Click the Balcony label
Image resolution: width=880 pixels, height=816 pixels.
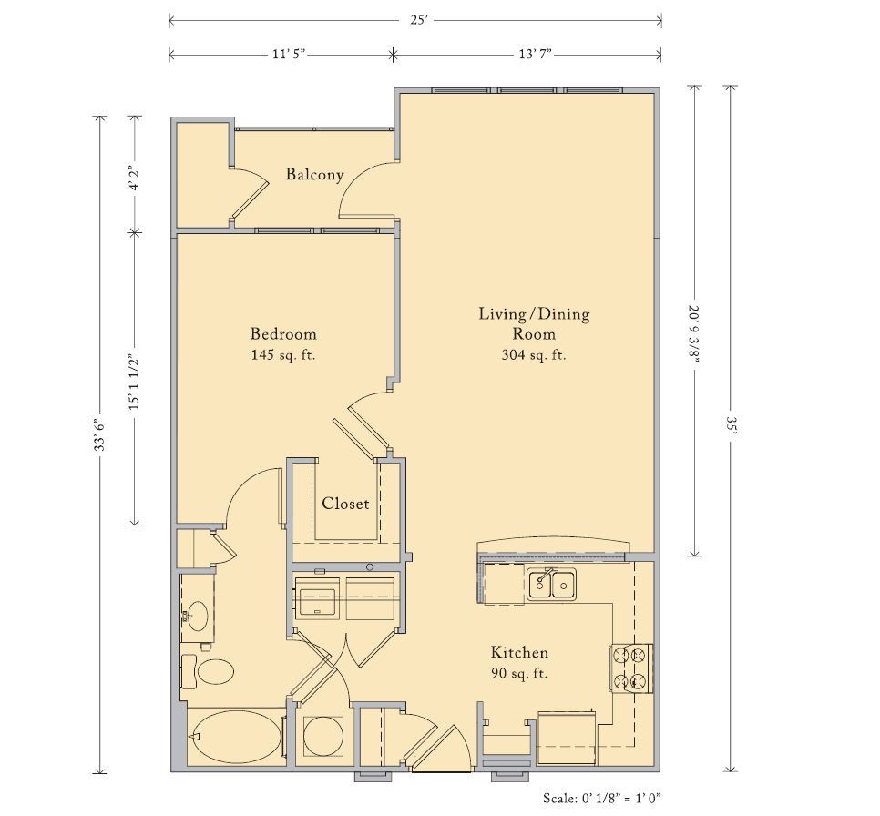point(314,174)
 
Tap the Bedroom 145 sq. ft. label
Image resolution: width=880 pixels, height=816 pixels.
point(283,344)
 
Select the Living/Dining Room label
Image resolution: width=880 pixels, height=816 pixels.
point(534,333)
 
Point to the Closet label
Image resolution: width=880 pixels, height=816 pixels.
point(345,504)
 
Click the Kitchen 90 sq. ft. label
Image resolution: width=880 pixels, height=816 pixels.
point(519,662)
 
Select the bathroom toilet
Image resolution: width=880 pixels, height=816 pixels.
point(207,670)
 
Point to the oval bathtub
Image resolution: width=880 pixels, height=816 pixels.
point(236,735)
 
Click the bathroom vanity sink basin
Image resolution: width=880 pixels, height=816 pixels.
point(197,616)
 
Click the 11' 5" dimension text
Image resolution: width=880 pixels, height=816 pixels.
point(289,55)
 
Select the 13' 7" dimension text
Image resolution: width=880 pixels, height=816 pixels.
point(535,55)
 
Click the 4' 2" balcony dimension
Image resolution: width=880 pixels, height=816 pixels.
point(134,178)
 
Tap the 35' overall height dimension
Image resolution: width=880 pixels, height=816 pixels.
point(731,428)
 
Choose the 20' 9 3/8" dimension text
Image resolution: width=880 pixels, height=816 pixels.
point(695,334)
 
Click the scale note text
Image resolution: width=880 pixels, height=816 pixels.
point(602,798)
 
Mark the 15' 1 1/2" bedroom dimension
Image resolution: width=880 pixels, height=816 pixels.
point(134,382)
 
